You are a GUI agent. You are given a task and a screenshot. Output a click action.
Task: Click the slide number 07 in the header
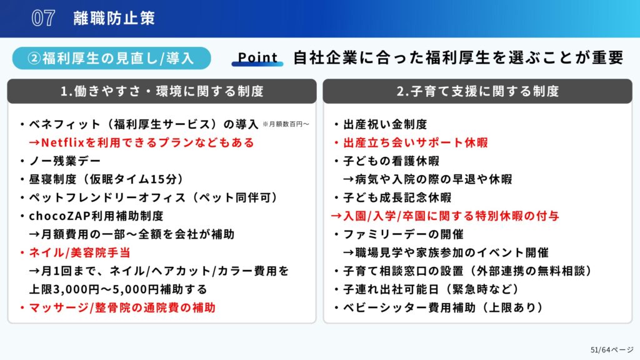[x=43, y=18]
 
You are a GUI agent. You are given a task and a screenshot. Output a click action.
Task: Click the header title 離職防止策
[x=114, y=18]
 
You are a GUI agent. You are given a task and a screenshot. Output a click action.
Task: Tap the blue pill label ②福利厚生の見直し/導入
[x=111, y=58]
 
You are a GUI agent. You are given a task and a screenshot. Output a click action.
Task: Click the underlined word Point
[x=257, y=57]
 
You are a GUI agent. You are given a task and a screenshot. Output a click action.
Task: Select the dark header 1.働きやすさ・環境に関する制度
[x=162, y=91]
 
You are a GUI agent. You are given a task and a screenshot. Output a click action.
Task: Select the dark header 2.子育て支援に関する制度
[x=477, y=91]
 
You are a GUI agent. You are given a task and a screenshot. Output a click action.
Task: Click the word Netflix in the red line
[x=62, y=142]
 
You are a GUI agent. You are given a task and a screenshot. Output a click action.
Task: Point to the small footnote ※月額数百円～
[x=286, y=124]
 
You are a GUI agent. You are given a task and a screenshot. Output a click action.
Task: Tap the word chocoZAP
[x=60, y=216]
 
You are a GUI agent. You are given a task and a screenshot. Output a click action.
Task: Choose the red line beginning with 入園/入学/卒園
[x=445, y=216]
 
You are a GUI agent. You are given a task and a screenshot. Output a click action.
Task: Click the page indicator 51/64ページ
[x=612, y=350]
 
